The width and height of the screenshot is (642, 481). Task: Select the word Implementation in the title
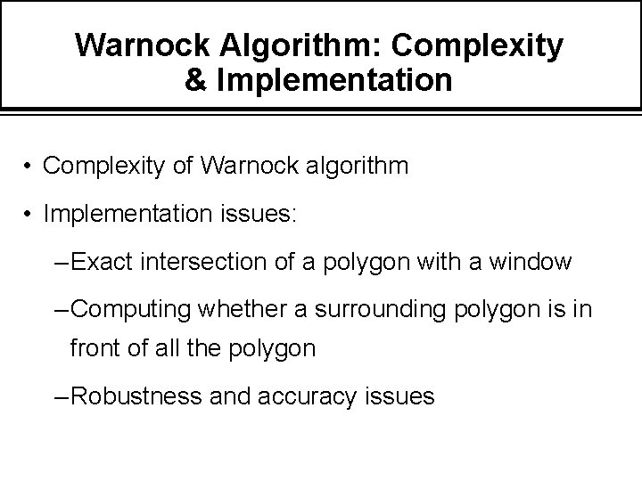coord(333,80)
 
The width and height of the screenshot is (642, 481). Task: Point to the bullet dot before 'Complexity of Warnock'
coord(29,167)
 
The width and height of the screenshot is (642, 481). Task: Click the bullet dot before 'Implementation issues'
coord(29,215)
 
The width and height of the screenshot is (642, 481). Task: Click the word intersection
coord(192,262)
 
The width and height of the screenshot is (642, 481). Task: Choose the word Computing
coord(132,309)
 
